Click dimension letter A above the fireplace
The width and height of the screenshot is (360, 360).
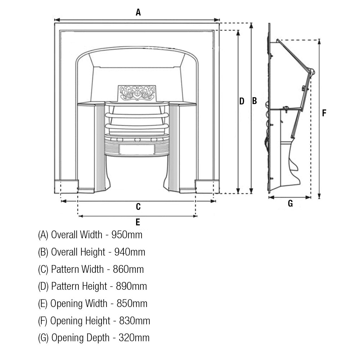pos(138,13)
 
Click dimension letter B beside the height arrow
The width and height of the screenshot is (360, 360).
pos(255,101)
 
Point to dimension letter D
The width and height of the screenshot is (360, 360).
pos(242,101)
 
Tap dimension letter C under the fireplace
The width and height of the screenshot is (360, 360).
pos(138,207)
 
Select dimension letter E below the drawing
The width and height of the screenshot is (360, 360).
pos(138,222)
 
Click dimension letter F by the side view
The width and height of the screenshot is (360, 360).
pos(324,113)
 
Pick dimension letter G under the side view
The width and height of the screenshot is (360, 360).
pos(291,204)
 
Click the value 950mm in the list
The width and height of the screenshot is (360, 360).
pos(127,235)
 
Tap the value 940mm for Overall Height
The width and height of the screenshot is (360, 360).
pos(130,252)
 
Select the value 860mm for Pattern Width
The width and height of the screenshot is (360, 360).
pos(128,269)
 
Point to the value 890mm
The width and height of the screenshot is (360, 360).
pos(131,287)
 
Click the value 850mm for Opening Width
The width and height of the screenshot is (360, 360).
pos(132,303)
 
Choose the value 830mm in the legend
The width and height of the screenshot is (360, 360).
pos(134,321)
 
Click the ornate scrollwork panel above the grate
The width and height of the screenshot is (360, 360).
pos(137,93)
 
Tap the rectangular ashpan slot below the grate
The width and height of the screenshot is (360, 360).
pos(137,150)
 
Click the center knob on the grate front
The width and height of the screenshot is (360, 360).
pos(137,139)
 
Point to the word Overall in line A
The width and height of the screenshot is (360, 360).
pos(64,235)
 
